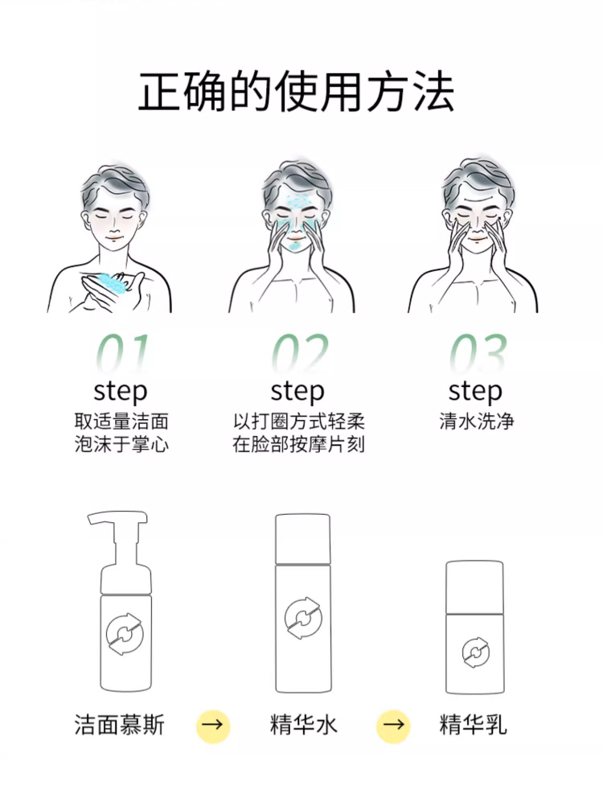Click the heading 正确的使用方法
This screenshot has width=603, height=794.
tap(297, 92)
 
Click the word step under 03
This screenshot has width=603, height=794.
tap(474, 392)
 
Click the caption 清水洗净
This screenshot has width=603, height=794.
tap(476, 421)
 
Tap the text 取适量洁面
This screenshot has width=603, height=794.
tap(121, 421)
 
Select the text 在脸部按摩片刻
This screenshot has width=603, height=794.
tap(298, 444)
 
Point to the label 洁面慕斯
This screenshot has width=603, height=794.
tap(119, 725)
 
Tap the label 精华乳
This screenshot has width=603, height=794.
tap(473, 725)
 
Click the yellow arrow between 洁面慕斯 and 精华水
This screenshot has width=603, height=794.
tap(213, 726)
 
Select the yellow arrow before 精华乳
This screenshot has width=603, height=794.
tap(393, 726)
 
